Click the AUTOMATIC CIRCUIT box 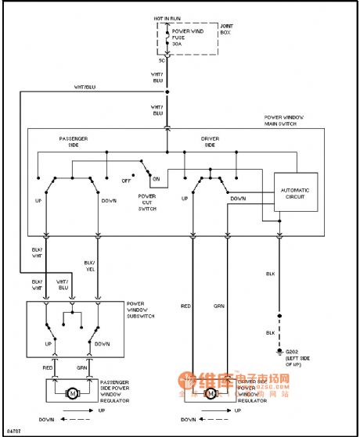point(296,193)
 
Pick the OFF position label point(126,180)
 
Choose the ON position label point(156,179)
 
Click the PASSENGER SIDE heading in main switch point(74,141)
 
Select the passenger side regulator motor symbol point(72,392)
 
